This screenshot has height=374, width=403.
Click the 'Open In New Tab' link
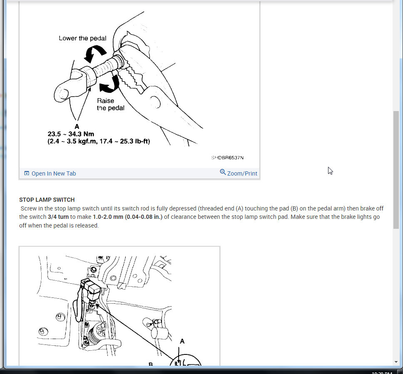point(54,173)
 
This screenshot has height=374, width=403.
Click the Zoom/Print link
point(242,173)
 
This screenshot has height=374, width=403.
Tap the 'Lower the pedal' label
point(82,38)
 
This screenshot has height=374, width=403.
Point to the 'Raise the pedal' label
point(110,104)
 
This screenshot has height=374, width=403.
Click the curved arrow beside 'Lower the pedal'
point(95,53)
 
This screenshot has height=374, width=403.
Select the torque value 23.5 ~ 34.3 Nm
point(71,134)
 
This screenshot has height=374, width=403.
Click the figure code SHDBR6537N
point(227,158)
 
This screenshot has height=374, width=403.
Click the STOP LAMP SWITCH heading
point(47,200)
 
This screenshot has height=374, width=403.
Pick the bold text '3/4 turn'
point(58,217)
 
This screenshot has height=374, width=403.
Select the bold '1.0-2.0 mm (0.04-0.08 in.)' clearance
point(127,217)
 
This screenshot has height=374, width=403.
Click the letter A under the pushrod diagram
point(77,126)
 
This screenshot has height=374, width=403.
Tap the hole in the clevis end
point(64,94)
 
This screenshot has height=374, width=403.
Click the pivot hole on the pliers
point(155,102)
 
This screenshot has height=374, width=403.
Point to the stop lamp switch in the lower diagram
point(91,290)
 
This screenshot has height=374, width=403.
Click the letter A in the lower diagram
point(182,341)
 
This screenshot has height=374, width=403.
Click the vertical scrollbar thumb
point(396,170)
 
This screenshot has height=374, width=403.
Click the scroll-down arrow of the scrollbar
point(396,362)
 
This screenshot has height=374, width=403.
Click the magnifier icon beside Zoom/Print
point(223,172)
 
